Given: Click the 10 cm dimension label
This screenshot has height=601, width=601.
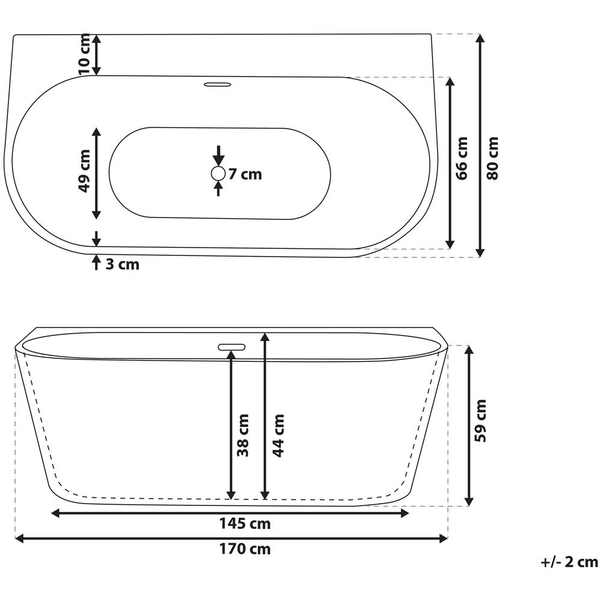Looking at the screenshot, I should click(x=85, y=54).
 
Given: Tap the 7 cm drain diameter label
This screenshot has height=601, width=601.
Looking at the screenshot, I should click(x=245, y=175).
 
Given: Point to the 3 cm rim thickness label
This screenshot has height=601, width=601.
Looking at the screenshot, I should click(x=122, y=264).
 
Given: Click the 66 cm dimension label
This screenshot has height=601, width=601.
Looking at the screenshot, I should click(x=462, y=158).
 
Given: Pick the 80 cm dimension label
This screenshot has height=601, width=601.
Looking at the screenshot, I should click(x=493, y=158).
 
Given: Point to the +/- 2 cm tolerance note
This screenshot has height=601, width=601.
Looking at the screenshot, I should click(x=569, y=562).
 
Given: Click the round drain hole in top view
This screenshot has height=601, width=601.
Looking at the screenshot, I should click(x=218, y=174).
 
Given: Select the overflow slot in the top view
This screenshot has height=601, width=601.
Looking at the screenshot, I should click(x=218, y=84).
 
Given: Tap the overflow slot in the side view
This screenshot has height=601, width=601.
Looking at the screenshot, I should click(x=231, y=347).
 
